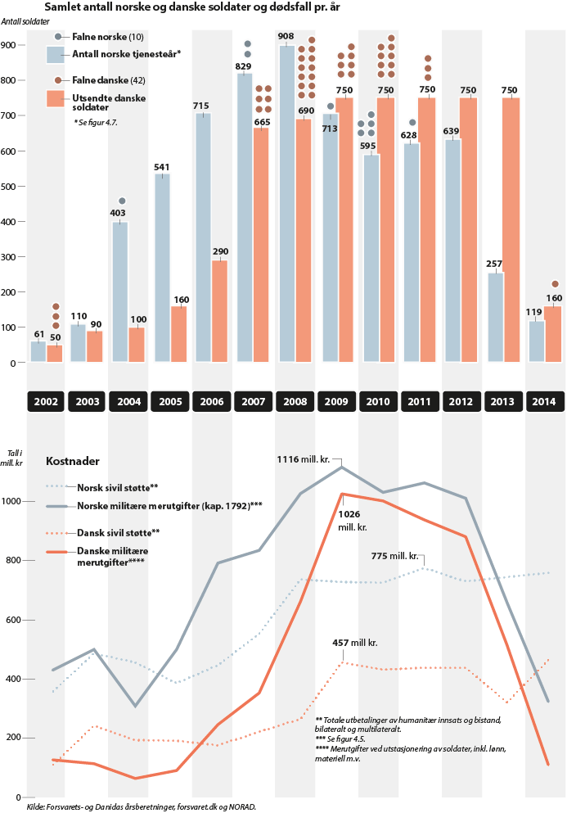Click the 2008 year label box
point(295,402)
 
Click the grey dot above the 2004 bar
point(122,201)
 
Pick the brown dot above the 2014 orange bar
point(555,284)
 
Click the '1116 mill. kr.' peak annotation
point(304,460)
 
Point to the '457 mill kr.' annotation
point(354,644)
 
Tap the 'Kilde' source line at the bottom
point(142,806)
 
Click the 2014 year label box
point(544,402)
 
